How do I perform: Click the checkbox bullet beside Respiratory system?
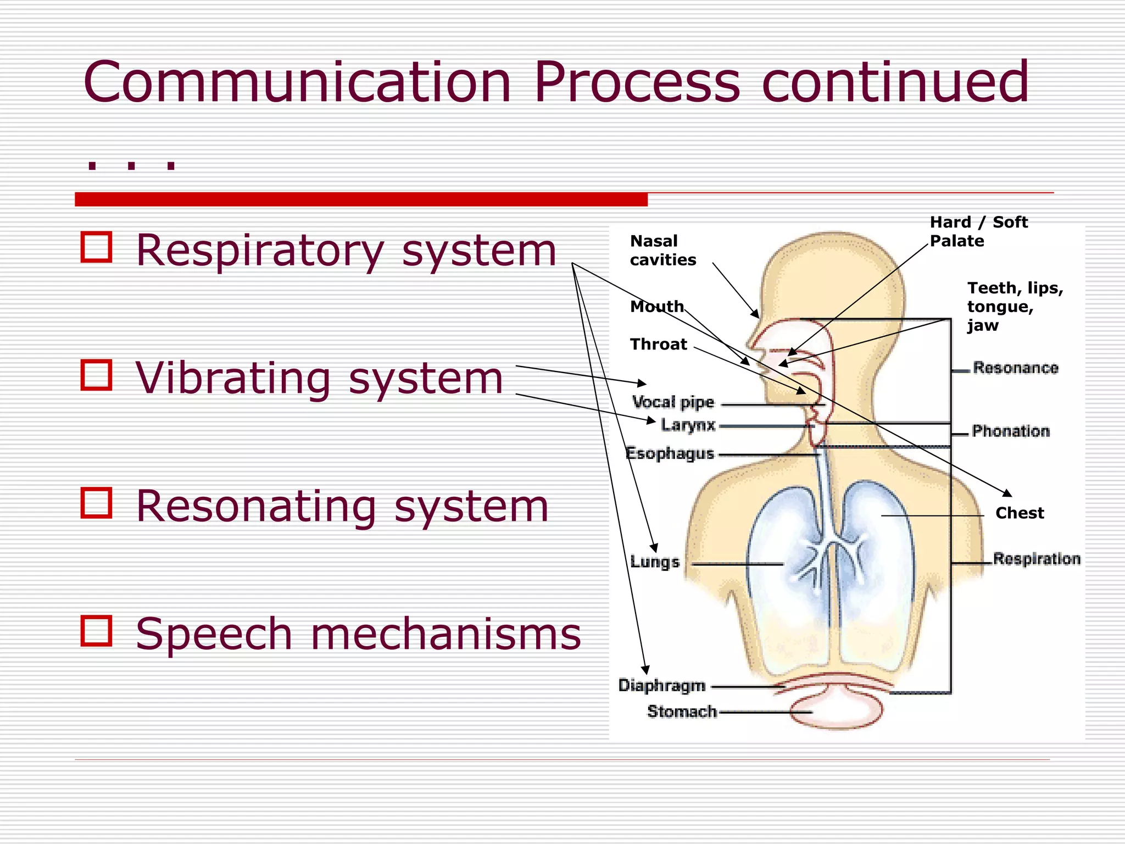coord(96,247)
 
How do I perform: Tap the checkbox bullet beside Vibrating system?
coord(96,375)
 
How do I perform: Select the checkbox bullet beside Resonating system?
coord(96,503)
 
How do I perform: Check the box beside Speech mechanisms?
coord(96,630)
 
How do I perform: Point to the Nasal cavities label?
coord(662,251)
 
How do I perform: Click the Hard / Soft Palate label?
coord(978,231)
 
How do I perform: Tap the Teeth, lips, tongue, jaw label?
coord(1014,306)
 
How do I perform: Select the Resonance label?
coord(1015,368)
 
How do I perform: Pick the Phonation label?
coord(1010,431)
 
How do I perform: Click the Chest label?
coord(1019,513)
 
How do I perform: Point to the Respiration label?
coord(1036,559)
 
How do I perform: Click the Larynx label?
coord(688,425)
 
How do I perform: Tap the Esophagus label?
coord(670,453)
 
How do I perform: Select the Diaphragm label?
coord(662,685)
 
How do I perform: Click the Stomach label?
coord(682,712)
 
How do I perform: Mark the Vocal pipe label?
coord(673,402)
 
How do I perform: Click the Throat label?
coord(658,345)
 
